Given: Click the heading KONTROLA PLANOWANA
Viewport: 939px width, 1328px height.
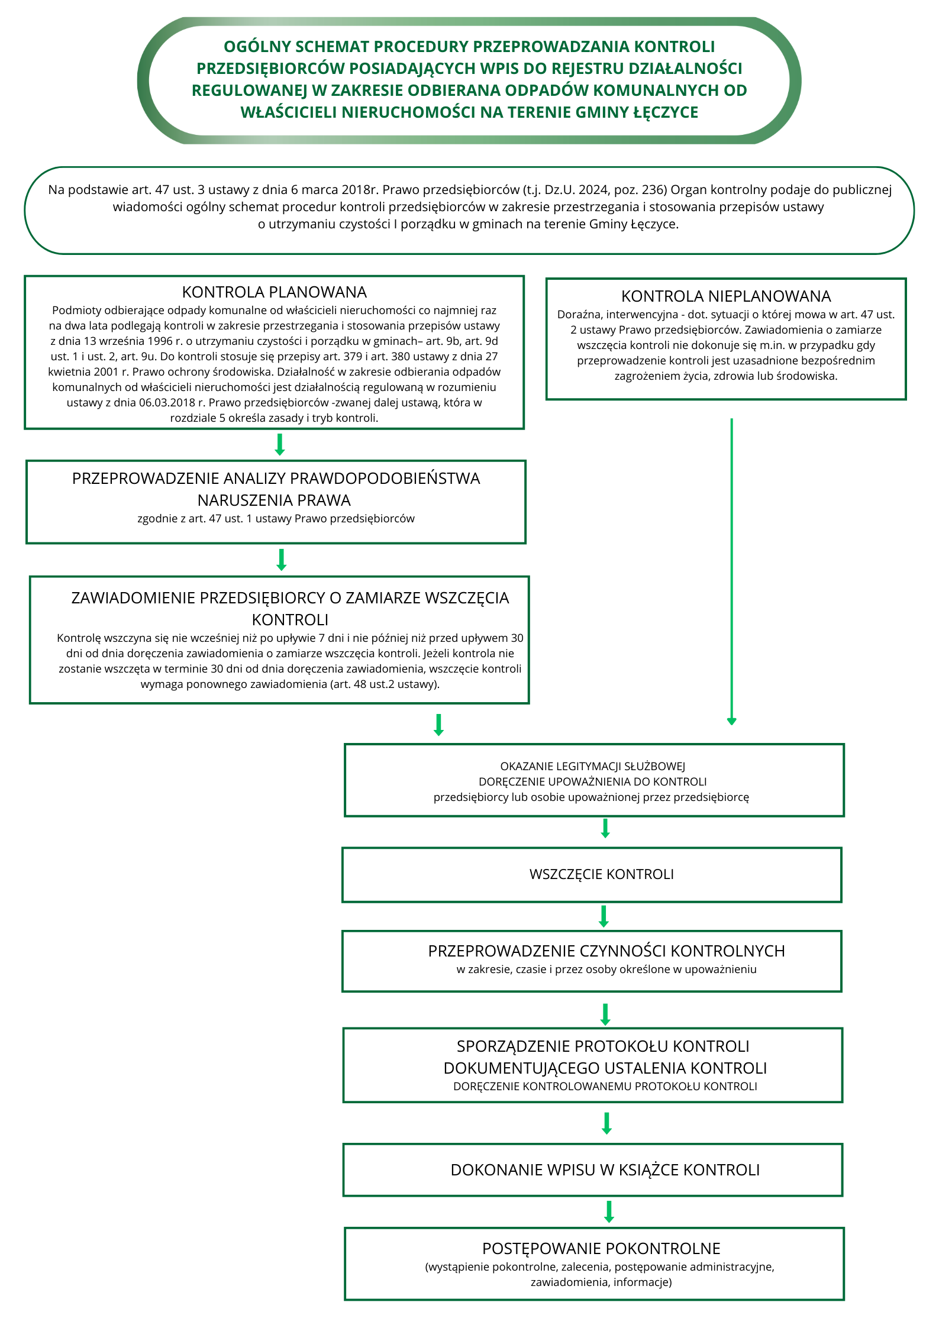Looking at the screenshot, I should pyautogui.click(x=274, y=292).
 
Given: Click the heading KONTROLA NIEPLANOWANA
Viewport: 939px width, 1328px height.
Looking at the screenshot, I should pyautogui.click(x=726, y=296).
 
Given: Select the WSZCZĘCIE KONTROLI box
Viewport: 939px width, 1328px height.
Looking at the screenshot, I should pyautogui.click(x=592, y=875).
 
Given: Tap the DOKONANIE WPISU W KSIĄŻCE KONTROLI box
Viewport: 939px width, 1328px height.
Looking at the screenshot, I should pyautogui.click(x=593, y=1170).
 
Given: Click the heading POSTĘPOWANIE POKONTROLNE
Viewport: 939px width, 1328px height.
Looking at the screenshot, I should pyautogui.click(x=601, y=1249).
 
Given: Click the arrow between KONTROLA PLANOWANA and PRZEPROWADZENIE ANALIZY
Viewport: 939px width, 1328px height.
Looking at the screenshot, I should pyautogui.click(x=280, y=444).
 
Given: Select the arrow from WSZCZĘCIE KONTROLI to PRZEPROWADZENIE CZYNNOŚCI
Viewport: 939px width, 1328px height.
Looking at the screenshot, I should pyautogui.click(x=604, y=916).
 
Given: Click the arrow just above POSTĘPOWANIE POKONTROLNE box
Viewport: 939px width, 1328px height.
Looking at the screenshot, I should pyautogui.click(x=609, y=1211).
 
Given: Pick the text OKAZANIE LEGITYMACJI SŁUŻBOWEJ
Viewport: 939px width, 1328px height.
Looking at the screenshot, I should pyautogui.click(x=592, y=767).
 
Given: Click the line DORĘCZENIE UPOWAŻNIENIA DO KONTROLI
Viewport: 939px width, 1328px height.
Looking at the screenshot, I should pyautogui.click(x=592, y=782).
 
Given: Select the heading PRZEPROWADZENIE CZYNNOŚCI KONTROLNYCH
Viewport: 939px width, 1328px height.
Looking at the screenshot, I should pyautogui.click(x=606, y=951).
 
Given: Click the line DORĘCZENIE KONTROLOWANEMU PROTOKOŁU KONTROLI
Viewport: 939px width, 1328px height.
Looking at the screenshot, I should pyautogui.click(x=605, y=1087).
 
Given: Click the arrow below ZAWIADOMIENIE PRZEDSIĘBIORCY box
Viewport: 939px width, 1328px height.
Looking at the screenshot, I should pyautogui.click(x=438, y=724).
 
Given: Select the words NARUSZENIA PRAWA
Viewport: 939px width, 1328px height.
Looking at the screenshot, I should pyautogui.click(x=274, y=500).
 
